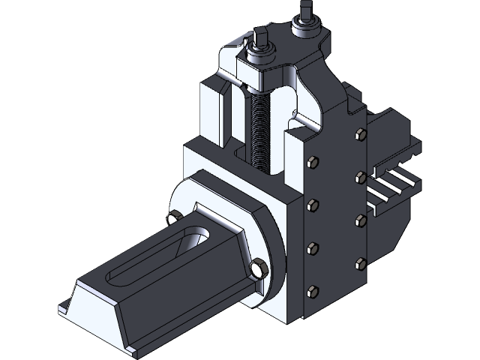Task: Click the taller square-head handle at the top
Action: pos(305,10)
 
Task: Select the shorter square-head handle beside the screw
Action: pos(260,37)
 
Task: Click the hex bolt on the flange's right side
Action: pos(259,268)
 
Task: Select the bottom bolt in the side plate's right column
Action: pos(360,262)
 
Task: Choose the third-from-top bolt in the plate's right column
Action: pos(359,219)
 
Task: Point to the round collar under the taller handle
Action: pos(306,28)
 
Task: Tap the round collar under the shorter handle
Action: pos(261,56)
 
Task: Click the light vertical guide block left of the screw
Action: pos(214,112)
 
